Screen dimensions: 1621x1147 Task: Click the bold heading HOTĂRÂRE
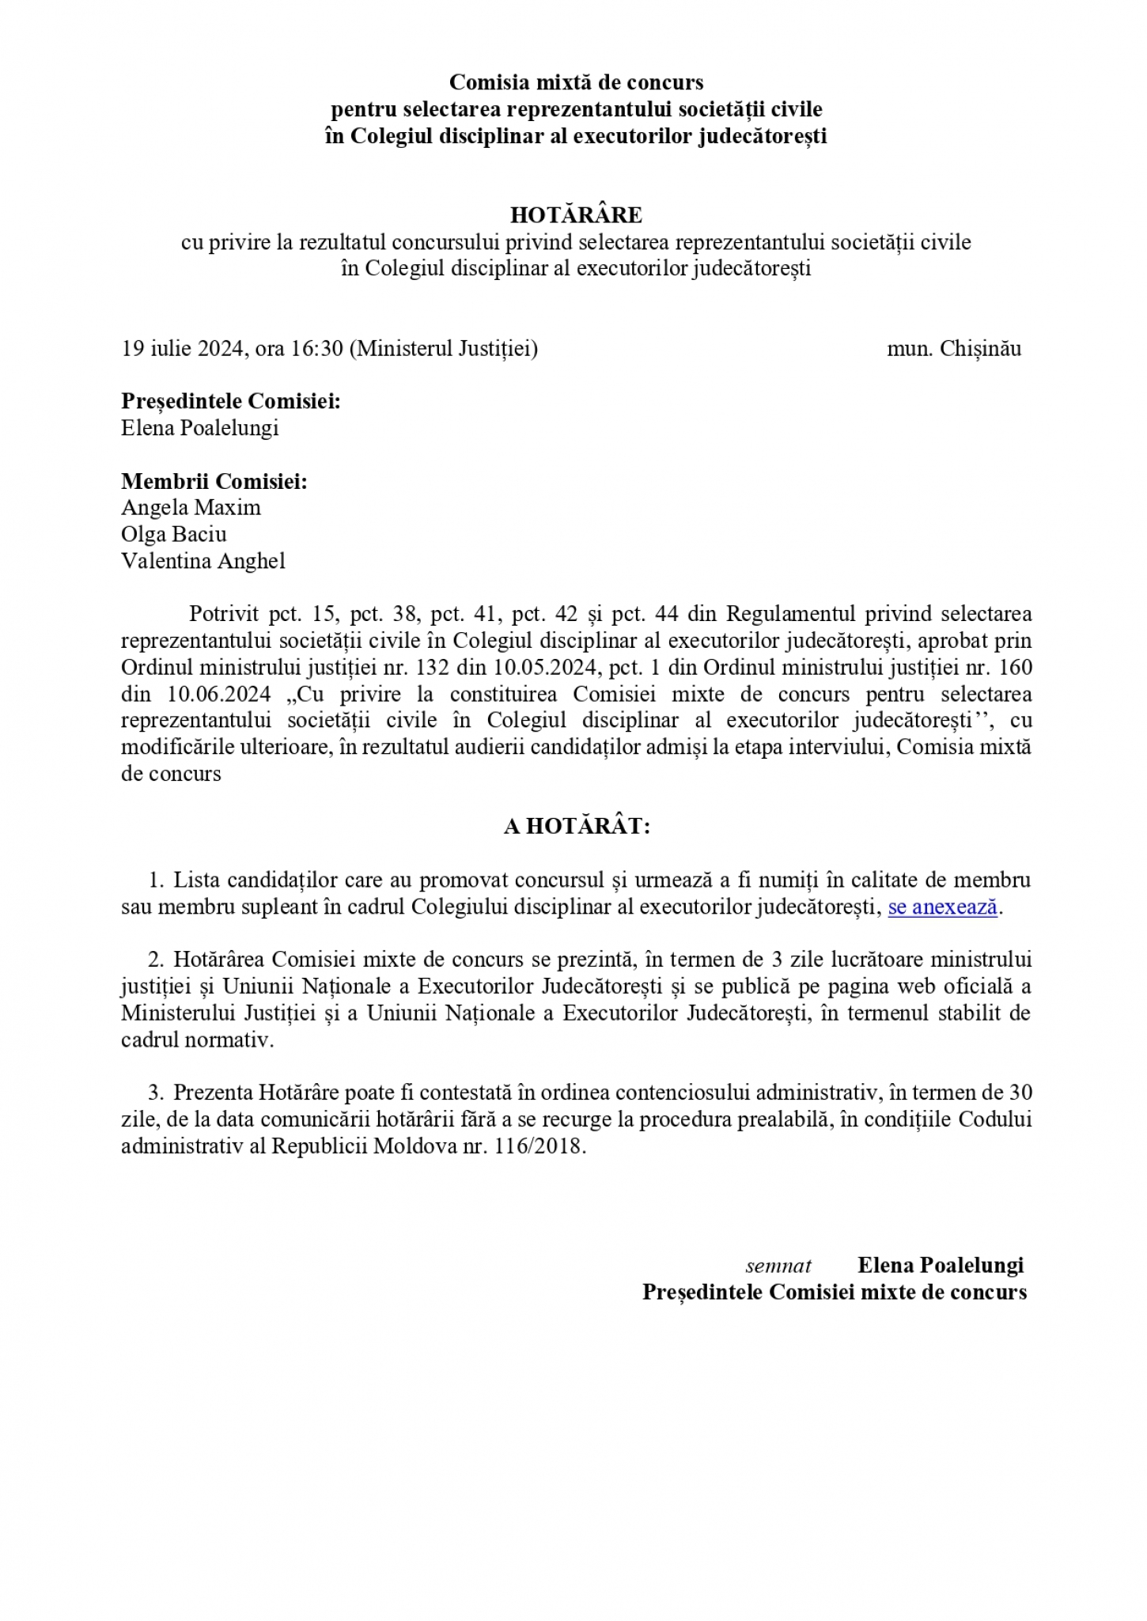[x=576, y=214]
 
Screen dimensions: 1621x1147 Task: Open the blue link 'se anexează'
[x=942, y=907]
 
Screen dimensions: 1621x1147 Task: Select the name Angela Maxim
[x=191, y=507]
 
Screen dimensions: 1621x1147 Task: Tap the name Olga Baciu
[x=173, y=534]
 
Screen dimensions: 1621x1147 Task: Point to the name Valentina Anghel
[x=203, y=561]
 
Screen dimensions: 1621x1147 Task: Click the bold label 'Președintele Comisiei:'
[x=231, y=401]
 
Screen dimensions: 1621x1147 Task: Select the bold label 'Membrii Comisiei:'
[x=214, y=481]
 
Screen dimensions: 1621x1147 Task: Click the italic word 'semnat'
[x=778, y=1265]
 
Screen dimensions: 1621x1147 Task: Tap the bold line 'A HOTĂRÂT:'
[x=577, y=826]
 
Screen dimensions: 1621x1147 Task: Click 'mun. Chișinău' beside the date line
[x=954, y=348]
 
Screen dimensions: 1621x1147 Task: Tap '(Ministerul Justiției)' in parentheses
[x=443, y=348]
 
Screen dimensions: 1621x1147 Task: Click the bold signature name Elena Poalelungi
[x=940, y=1264]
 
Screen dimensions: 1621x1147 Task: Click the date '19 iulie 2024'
[x=182, y=348]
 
